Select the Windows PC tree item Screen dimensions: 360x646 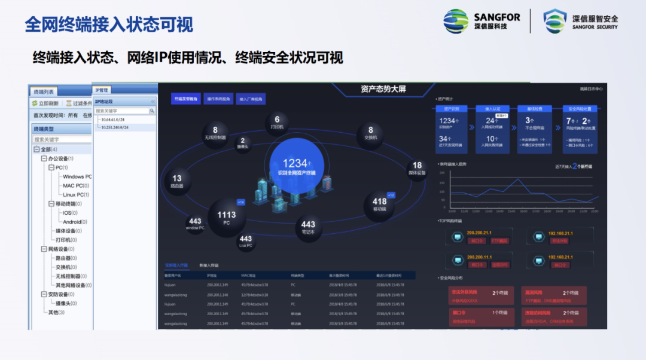click(77, 176)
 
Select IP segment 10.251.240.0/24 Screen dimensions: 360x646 click(120, 127)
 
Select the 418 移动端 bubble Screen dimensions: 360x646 click(379, 205)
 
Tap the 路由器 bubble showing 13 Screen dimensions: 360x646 click(177, 181)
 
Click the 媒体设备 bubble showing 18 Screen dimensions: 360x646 click(417, 168)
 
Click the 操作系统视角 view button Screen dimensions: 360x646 click(218, 99)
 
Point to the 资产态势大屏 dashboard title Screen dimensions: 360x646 click(383, 89)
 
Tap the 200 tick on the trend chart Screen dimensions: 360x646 click(442, 172)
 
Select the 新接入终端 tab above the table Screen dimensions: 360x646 click(209, 265)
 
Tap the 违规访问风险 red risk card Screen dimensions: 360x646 click(553, 316)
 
